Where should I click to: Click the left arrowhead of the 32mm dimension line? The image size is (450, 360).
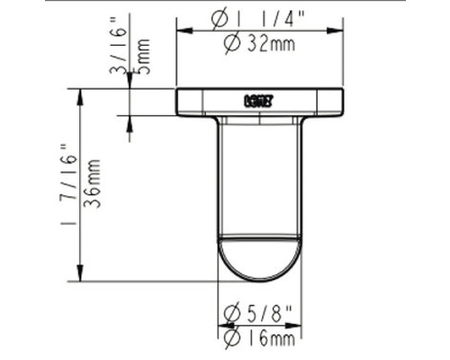pyautogui.click(x=181, y=31)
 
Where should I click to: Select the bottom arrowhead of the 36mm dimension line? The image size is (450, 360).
pyautogui.click(x=82, y=275)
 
